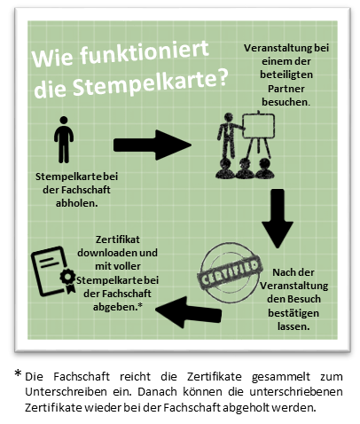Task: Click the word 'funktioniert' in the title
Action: pos(145,53)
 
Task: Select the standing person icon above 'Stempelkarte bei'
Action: pos(64,139)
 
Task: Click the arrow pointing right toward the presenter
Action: pos(153,145)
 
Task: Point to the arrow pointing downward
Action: pos(278,218)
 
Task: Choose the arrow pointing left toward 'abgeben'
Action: pos(188,312)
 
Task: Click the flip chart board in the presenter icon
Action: pos(258,126)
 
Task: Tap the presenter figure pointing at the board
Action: pos(230,135)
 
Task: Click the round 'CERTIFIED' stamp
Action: pos(230,272)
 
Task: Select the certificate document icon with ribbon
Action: pos(53,271)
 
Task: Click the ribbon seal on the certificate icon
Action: pos(68,280)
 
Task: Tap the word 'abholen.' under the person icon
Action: pos(77,203)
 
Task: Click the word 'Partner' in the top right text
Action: pos(286,89)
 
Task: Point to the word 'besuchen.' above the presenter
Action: pos(286,102)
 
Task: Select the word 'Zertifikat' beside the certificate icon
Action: pos(118,239)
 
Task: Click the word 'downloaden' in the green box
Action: pos(106,253)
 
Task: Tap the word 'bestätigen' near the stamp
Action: pos(293,313)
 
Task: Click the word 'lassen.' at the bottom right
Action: pos(293,326)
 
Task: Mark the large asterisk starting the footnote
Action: pos(18,373)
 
